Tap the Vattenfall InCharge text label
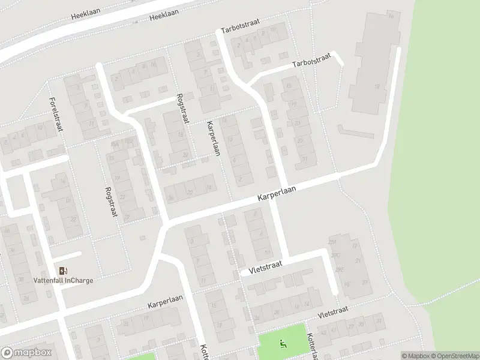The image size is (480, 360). pyautogui.click(x=63, y=281)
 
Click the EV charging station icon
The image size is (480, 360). pyautogui.click(x=63, y=271)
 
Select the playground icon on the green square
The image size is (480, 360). pyautogui.click(x=283, y=344)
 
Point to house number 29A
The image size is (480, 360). pyautogui.click(x=332, y=242)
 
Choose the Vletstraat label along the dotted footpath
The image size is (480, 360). pyautogui.click(x=334, y=310)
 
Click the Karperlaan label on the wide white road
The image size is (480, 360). pyautogui.click(x=278, y=193)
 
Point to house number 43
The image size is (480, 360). pyautogui.click(x=325, y=332)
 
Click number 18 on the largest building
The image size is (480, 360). pyautogui.click(x=377, y=87)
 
